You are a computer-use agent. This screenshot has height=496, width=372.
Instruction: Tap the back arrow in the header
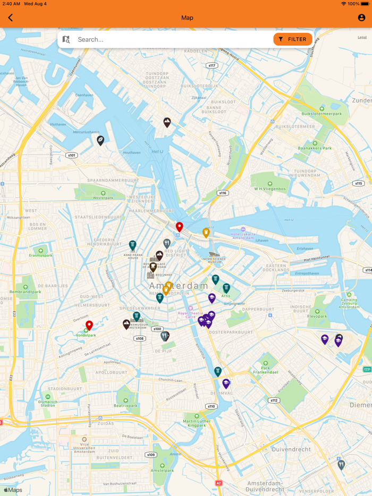click(x=11, y=18)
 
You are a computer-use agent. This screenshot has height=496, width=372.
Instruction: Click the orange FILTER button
click(x=292, y=39)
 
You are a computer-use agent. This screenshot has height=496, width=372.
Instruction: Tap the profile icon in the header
click(x=361, y=18)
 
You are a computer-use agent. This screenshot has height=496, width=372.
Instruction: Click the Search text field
click(x=170, y=39)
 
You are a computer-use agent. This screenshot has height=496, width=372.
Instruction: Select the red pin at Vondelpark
click(x=89, y=325)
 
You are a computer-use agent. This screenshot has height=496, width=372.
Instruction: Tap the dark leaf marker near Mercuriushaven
click(x=100, y=140)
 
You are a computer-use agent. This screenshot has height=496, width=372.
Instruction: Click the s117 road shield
click(x=212, y=65)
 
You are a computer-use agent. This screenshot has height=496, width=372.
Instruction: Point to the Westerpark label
click(x=103, y=198)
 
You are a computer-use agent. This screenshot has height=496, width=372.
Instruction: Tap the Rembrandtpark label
click(x=25, y=292)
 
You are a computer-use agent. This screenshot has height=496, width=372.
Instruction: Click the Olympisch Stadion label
click(x=48, y=403)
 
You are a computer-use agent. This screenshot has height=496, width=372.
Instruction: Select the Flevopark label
click(x=317, y=316)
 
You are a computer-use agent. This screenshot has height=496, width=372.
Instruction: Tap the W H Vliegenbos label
click(x=269, y=189)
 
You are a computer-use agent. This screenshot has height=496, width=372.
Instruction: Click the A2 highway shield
click(x=218, y=483)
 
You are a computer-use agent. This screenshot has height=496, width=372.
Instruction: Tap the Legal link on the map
click(x=362, y=37)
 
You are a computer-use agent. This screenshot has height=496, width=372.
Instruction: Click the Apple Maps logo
click(x=13, y=490)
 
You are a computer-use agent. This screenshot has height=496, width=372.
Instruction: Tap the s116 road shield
click(x=223, y=193)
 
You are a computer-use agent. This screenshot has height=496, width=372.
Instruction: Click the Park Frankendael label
click(x=266, y=371)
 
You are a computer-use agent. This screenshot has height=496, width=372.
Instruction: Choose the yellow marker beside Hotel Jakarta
click(x=206, y=232)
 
